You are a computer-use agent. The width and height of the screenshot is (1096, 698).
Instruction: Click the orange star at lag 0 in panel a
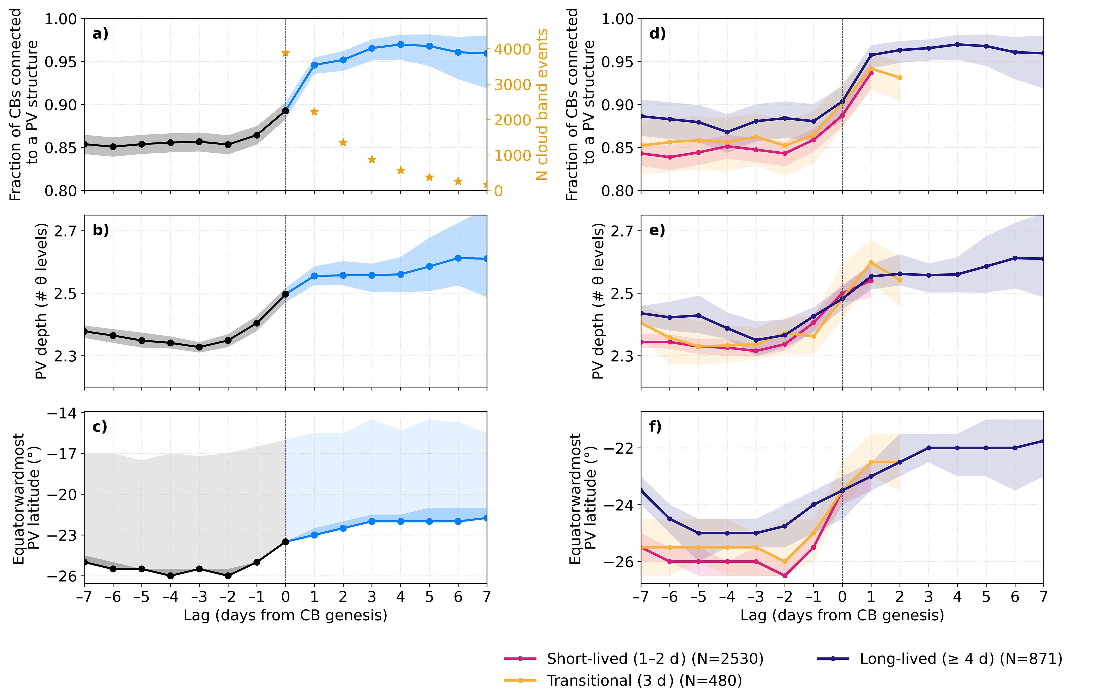point(285,53)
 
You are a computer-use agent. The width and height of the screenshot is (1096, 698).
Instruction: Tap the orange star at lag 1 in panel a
point(314,112)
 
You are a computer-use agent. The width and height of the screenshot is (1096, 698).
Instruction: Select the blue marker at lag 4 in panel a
point(401,45)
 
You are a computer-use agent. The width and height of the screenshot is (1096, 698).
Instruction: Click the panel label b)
point(101,230)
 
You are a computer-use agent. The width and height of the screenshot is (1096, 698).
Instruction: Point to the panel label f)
point(655,427)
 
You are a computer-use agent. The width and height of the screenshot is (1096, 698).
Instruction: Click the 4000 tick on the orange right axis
point(512,49)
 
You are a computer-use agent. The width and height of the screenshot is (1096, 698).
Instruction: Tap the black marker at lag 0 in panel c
point(285,542)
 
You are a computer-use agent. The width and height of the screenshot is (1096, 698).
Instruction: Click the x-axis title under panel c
point(285,615)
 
